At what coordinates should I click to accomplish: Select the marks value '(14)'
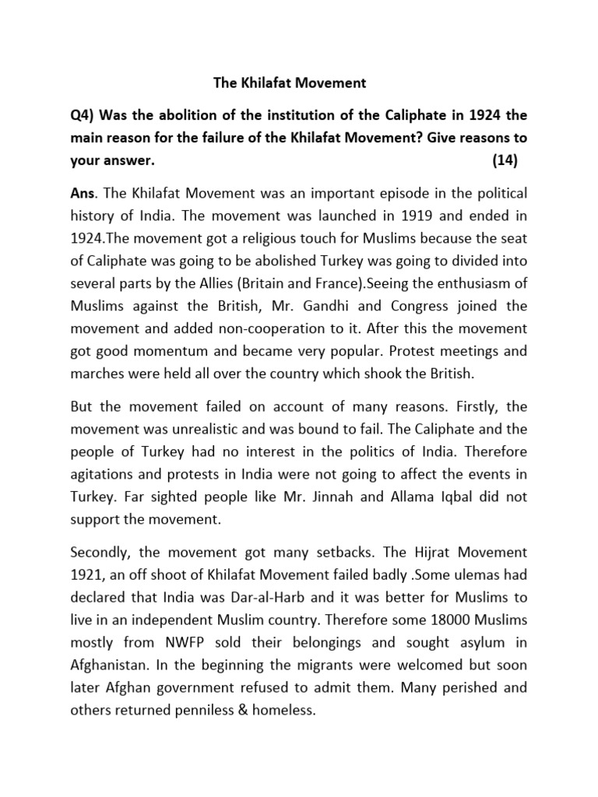point(505,160)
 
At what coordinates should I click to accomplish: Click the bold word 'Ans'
point(82,192)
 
